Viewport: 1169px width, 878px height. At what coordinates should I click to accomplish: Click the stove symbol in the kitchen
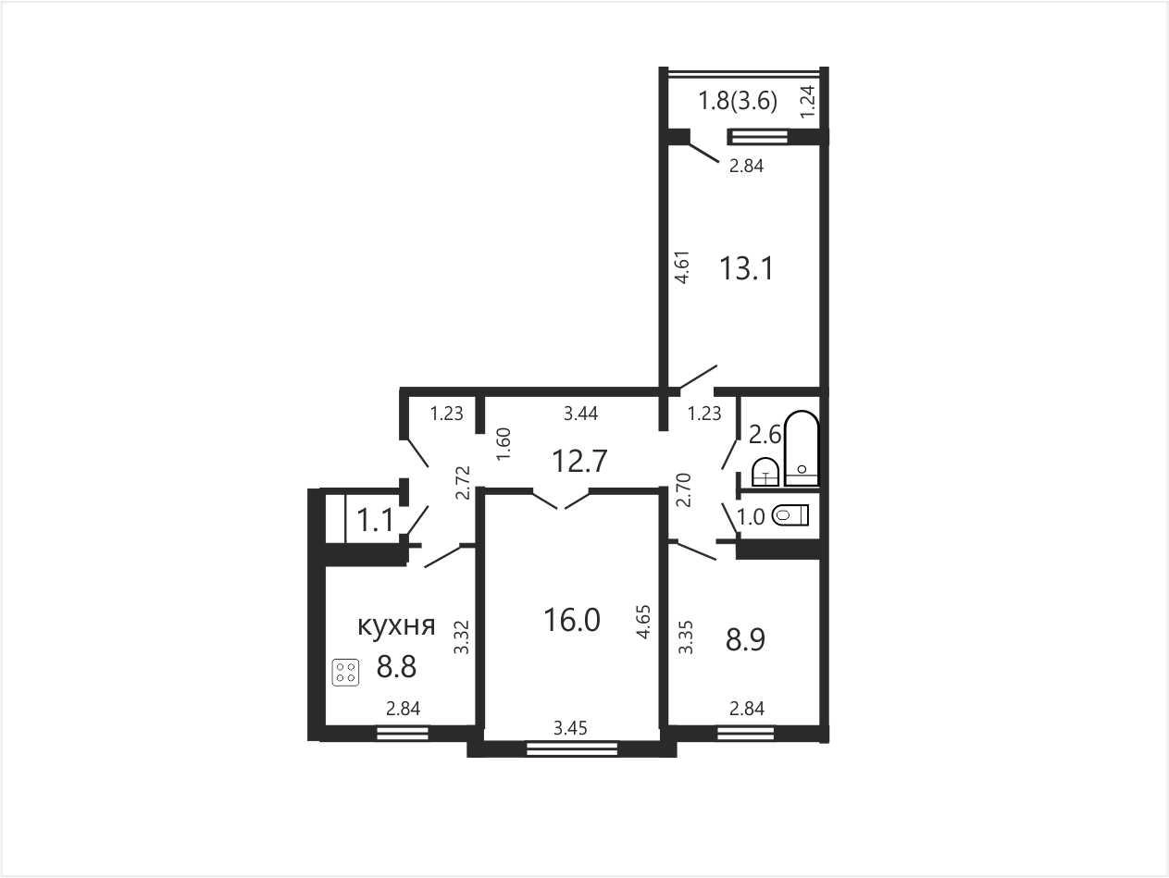[x=345, y=673]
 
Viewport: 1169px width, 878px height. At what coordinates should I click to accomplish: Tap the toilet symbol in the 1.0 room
[x=790, y=515]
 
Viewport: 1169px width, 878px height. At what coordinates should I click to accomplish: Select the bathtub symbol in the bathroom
[x=802, y=448]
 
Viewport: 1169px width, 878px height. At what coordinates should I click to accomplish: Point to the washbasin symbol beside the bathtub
[x=765, y=472]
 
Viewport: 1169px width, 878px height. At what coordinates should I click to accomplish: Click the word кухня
[x=396, y=625]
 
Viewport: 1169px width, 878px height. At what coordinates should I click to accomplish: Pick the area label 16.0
[x=572, y=620]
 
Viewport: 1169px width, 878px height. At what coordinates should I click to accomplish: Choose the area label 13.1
[x=746, y=268]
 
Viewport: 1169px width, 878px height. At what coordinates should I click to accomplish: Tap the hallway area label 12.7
[x=579, y=461]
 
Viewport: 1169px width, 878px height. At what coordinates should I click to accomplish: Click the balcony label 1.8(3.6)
[x=738, y=101]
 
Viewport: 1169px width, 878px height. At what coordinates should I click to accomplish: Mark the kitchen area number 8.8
[x=396, y=666]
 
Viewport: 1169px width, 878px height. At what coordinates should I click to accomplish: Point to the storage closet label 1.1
[x=376, y=520]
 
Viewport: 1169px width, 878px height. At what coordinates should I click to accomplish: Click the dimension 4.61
[x=682, y=266]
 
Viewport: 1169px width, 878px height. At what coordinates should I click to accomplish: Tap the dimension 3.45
[x=570, y=728]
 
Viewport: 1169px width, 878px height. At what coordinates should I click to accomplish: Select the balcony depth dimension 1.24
[x=808, y=102]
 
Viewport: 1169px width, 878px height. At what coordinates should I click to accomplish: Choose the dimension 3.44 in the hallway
[x=581, y=414]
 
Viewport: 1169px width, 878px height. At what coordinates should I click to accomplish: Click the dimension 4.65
[x=644, y=622]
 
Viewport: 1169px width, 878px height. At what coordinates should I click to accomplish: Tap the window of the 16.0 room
[x=572, y=749]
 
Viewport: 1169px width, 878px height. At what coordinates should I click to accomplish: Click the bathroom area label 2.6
[x=765, y=435]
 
